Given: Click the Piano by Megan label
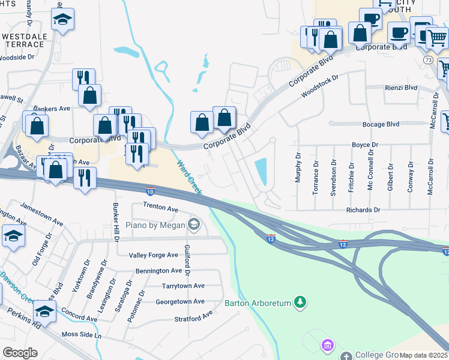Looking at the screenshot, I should click(x=155, y=225).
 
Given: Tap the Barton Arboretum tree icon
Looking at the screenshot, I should click(x=304, y=302).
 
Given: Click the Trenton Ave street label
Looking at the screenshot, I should click(x=160, y=208).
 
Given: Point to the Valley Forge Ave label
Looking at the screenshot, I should click(x=154, y=255).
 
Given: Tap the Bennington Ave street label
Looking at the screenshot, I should click(x=158, y=271).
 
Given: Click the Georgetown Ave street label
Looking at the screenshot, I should click(x=179, y=301).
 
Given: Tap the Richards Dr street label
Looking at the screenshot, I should click(x=363, y=210).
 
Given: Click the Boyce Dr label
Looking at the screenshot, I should click(x=364, y=145).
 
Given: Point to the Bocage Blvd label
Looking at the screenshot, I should click(x=381, y=124).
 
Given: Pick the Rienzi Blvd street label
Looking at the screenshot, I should click(x=400, y=87).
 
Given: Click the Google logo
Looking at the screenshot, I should click(x=20, y=353).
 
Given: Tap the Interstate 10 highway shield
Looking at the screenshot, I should click(x=150, y=191).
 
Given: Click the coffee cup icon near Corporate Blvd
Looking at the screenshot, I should click(x=398, y=33).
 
